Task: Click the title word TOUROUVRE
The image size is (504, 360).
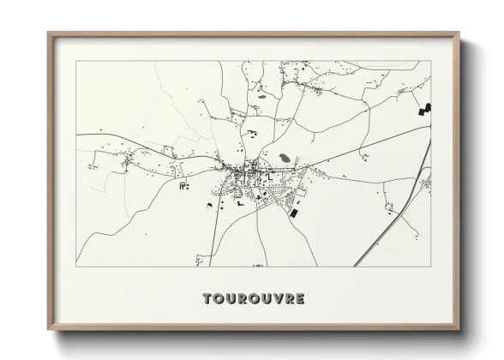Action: (x=253, y=299)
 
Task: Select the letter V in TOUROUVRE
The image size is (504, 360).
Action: (x=275, y=299)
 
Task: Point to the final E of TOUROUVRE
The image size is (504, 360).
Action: (x=299, y=299)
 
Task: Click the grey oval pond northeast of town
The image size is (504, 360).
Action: (x=283, y=159)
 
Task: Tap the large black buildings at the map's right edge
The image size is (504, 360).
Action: (x=424, y=109)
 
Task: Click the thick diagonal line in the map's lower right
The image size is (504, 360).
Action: (x=390, y=223)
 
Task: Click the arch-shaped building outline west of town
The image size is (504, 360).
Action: (x=183, y=184)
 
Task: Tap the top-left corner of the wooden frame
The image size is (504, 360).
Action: (x=49, y=33)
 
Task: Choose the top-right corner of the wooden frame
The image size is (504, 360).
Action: (x=459, y=33)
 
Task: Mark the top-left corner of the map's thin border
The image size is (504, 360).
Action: (x=76, y=61)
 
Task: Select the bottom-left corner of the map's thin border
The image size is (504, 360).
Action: (x=76, y=267)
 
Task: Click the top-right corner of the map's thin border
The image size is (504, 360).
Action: (x=431, y=61)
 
